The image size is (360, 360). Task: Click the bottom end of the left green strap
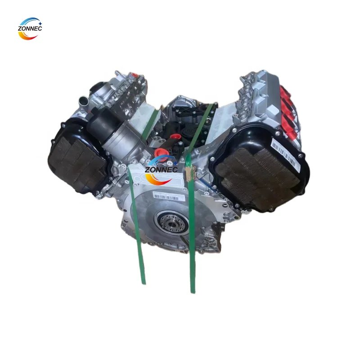143,281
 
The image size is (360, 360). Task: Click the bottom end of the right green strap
193,290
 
